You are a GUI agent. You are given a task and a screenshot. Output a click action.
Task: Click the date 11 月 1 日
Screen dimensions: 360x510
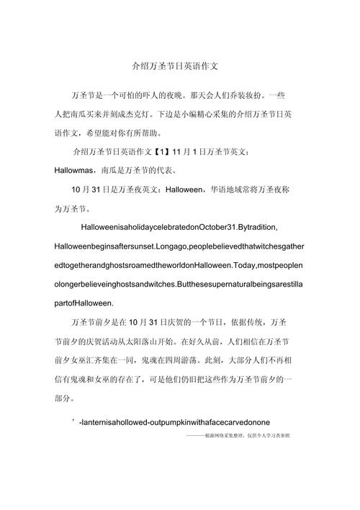189,152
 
